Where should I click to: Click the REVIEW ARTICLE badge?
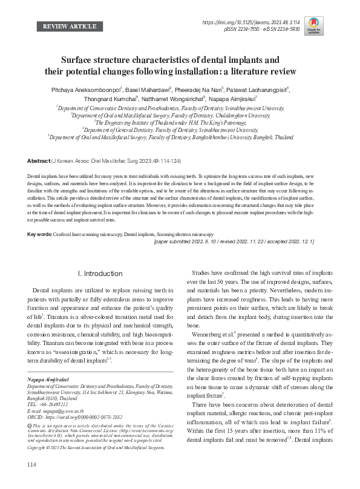tap(70, 27)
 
